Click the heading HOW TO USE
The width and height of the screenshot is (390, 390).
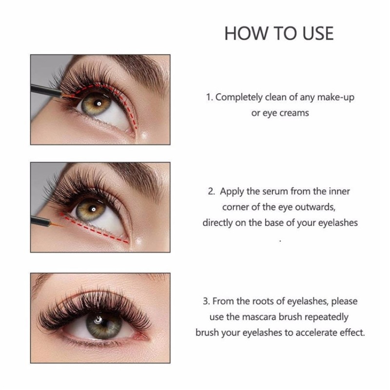(279, 33)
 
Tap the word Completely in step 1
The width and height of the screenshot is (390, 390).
(239, 97)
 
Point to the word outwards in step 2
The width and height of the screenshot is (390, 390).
(317, 207)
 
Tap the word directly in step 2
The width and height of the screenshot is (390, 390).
(220, 222)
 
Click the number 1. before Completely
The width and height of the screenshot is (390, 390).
(209, 97)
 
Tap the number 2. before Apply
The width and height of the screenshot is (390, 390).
(211, 191)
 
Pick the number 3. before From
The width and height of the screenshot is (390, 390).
(206, 301)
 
